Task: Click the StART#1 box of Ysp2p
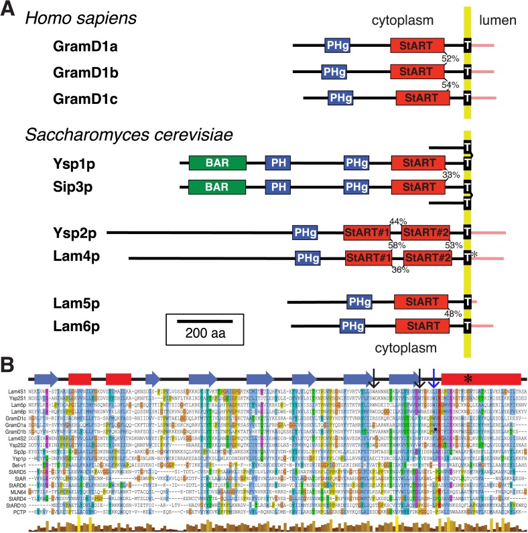point(367,233)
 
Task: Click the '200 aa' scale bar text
point(206,333)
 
